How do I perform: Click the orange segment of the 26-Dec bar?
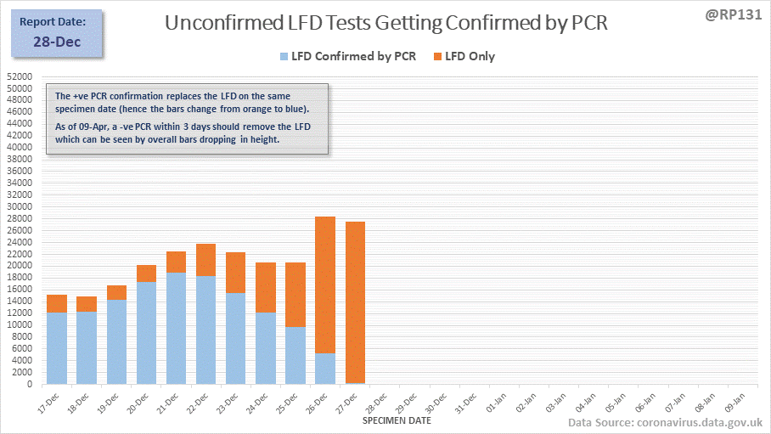point(325,285)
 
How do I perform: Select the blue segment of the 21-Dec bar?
point(176,328)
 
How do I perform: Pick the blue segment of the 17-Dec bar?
point(57,348)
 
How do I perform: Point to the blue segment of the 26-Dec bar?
point(325,369)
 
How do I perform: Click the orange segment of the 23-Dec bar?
point(236,273)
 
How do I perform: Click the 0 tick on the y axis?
point(29,384)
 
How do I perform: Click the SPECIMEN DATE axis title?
point(395,420)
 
